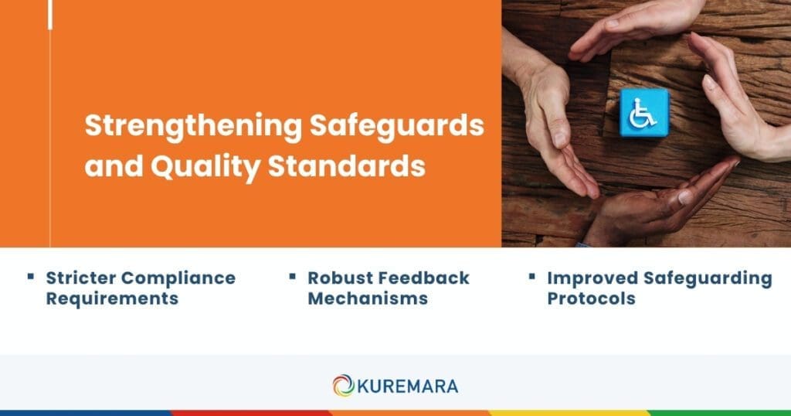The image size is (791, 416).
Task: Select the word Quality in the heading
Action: click(202, 167)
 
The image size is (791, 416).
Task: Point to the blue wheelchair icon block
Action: click(643, 112)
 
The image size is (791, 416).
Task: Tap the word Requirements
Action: click(112, 298)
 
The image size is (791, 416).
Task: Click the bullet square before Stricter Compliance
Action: click(30, 275)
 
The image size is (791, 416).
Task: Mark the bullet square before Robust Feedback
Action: click(293, 275)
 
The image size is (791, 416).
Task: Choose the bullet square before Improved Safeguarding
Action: click(532, 275)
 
